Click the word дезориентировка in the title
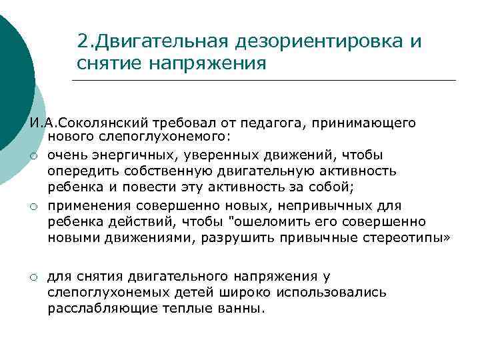(x=319, y=41)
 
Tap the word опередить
(x=79, y=171)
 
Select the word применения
(x=87, y=205)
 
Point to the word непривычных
(x=313, y=205)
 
